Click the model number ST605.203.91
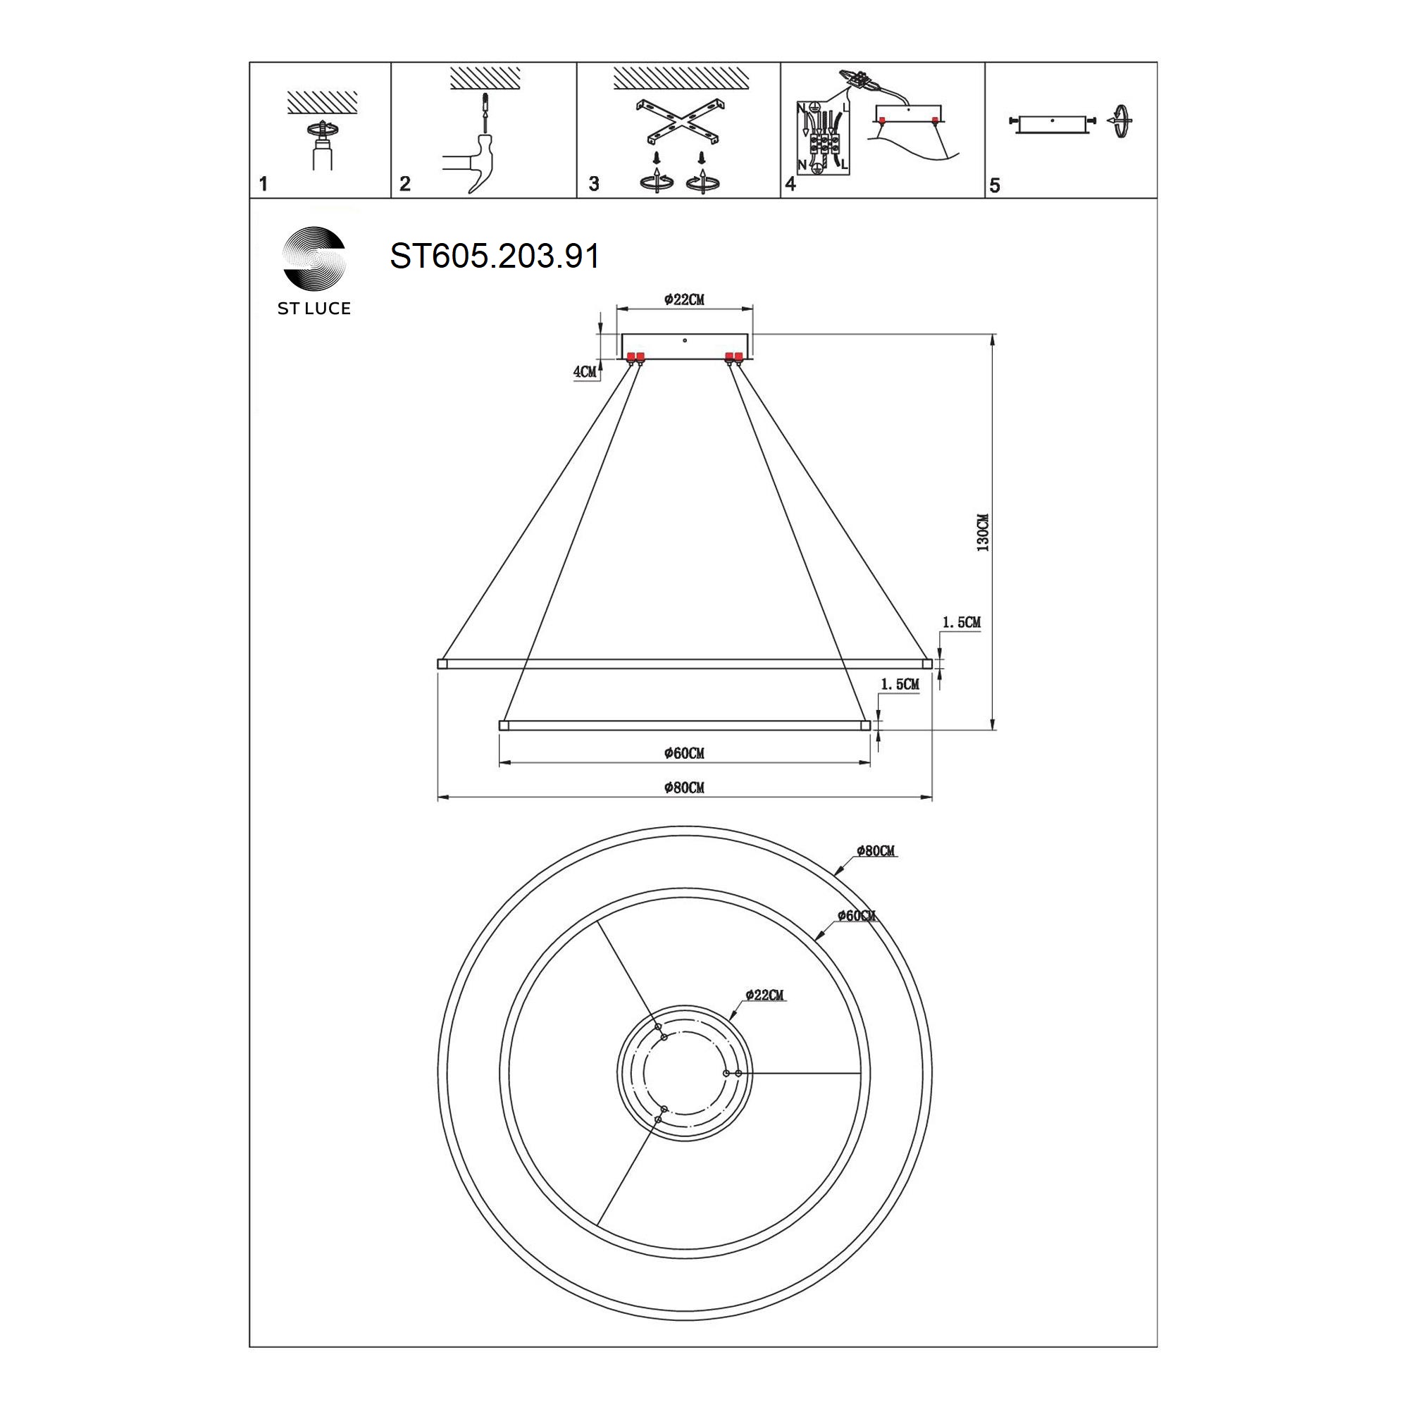click(x=495, y=256)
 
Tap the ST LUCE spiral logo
click(x=314, y=258)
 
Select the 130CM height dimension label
click(x=983, y=533)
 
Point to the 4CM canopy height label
click(x=584, y=372)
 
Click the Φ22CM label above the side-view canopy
click(x=684, y=299)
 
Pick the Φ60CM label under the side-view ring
click(x=684, y=753)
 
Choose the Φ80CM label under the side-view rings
click(x=684, y=788)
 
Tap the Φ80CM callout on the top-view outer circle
click(x=876, y=851)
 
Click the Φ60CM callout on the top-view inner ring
click(x=857, y=915)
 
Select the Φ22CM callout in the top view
click(x=765, y=995)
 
